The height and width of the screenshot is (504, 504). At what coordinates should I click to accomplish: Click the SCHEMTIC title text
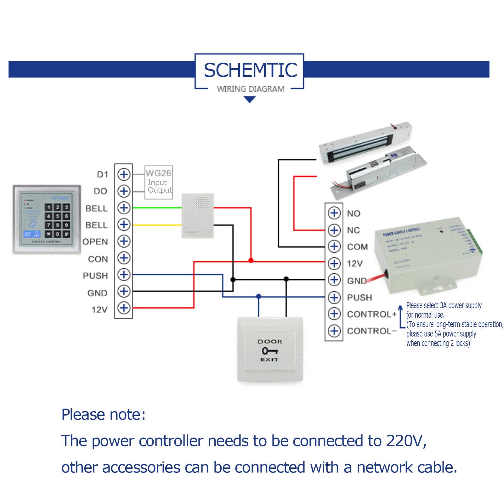(x=250, y=70)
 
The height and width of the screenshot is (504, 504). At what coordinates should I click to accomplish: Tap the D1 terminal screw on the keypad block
(x=124, y=174)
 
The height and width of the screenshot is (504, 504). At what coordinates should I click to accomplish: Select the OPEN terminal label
(x=95, y=242)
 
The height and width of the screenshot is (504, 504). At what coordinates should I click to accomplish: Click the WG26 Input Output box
(x=159, y=182)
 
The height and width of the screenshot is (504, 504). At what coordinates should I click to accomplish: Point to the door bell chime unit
(x=198, y=216)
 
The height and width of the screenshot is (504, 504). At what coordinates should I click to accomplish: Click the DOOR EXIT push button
(x=270, y=350)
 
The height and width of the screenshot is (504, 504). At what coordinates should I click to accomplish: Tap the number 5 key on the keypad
(x=57, y=216)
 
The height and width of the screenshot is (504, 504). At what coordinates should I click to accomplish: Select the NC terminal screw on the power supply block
(x=334, y=230)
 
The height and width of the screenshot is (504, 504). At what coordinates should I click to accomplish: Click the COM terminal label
(x=357, y=247)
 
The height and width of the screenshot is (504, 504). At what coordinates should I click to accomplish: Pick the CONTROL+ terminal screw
(x=334, y=314)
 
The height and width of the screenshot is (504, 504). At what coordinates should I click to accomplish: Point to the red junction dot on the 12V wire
(x=251, y=260)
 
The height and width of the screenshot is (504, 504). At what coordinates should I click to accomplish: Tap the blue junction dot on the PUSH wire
(x=258, y=296)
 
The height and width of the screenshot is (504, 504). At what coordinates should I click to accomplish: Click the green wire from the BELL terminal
(x=157, y=208)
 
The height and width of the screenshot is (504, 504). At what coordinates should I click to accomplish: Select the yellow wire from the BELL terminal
(x=157, y=225)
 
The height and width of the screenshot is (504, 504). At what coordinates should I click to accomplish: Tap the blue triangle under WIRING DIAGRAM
(x=250, y=100)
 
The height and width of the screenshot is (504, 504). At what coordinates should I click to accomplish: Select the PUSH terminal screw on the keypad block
(x=124, y=275)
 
